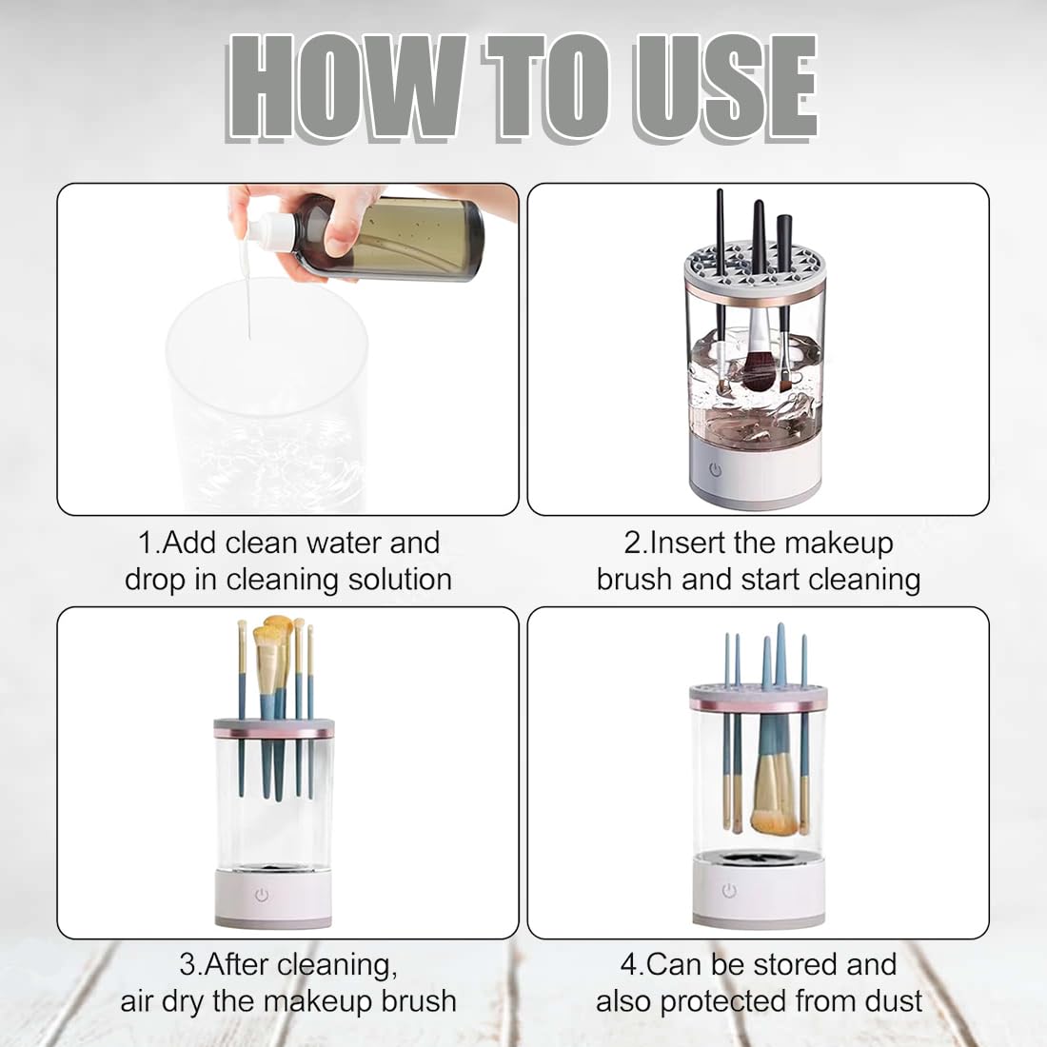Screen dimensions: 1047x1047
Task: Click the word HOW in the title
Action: click(347, 88)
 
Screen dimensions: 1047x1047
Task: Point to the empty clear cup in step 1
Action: click(267, 400)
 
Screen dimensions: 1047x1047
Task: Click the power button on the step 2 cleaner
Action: click(715, 469)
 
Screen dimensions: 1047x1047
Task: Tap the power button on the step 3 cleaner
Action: click(262, 896)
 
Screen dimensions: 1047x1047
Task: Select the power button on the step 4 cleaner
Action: click(729, 891)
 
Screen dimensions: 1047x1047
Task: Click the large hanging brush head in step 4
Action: click(774, 804)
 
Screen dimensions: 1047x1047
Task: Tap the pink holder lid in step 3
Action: click(274, 730)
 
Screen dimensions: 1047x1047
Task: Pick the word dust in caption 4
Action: click(893, 1001)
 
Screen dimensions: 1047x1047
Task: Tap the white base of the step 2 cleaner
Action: click(757, 481)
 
